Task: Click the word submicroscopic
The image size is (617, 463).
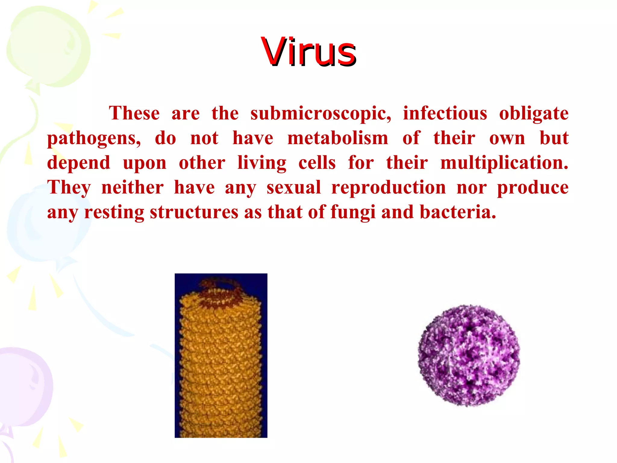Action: [x=321, y=114]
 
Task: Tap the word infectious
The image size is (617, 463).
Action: [x=445, y=114]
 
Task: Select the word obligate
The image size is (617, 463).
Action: [x=534, y=114]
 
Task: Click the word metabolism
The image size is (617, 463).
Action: [x=338, y=138]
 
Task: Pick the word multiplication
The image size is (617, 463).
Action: [x=504, y=163]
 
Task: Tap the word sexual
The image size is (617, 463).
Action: [x=294, y=188]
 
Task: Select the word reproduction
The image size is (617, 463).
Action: [x=389, y=188]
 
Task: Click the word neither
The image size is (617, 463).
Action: [x=133, y=187]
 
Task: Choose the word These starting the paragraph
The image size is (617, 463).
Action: [x=134, y=114]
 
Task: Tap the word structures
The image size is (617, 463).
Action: [x=194, y=212]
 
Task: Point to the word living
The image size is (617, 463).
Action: [x=262, y=163]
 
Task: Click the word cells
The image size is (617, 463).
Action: [x=317, y=163]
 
